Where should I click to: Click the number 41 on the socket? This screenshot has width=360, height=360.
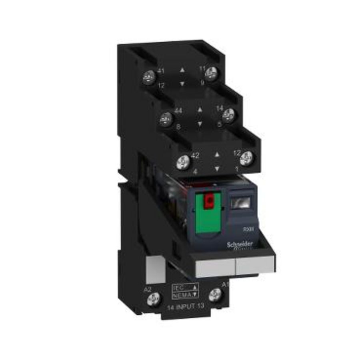pos(162,71)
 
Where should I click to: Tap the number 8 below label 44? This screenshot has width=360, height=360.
pos(178,126)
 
